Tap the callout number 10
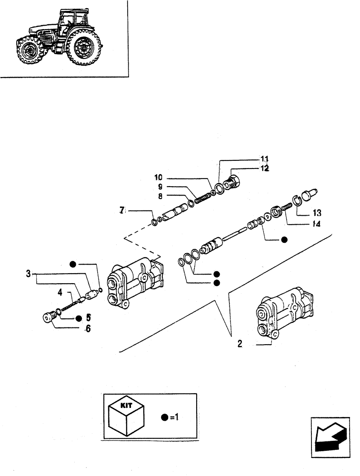158,177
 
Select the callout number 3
28,274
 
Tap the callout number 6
88,328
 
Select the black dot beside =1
164,417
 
